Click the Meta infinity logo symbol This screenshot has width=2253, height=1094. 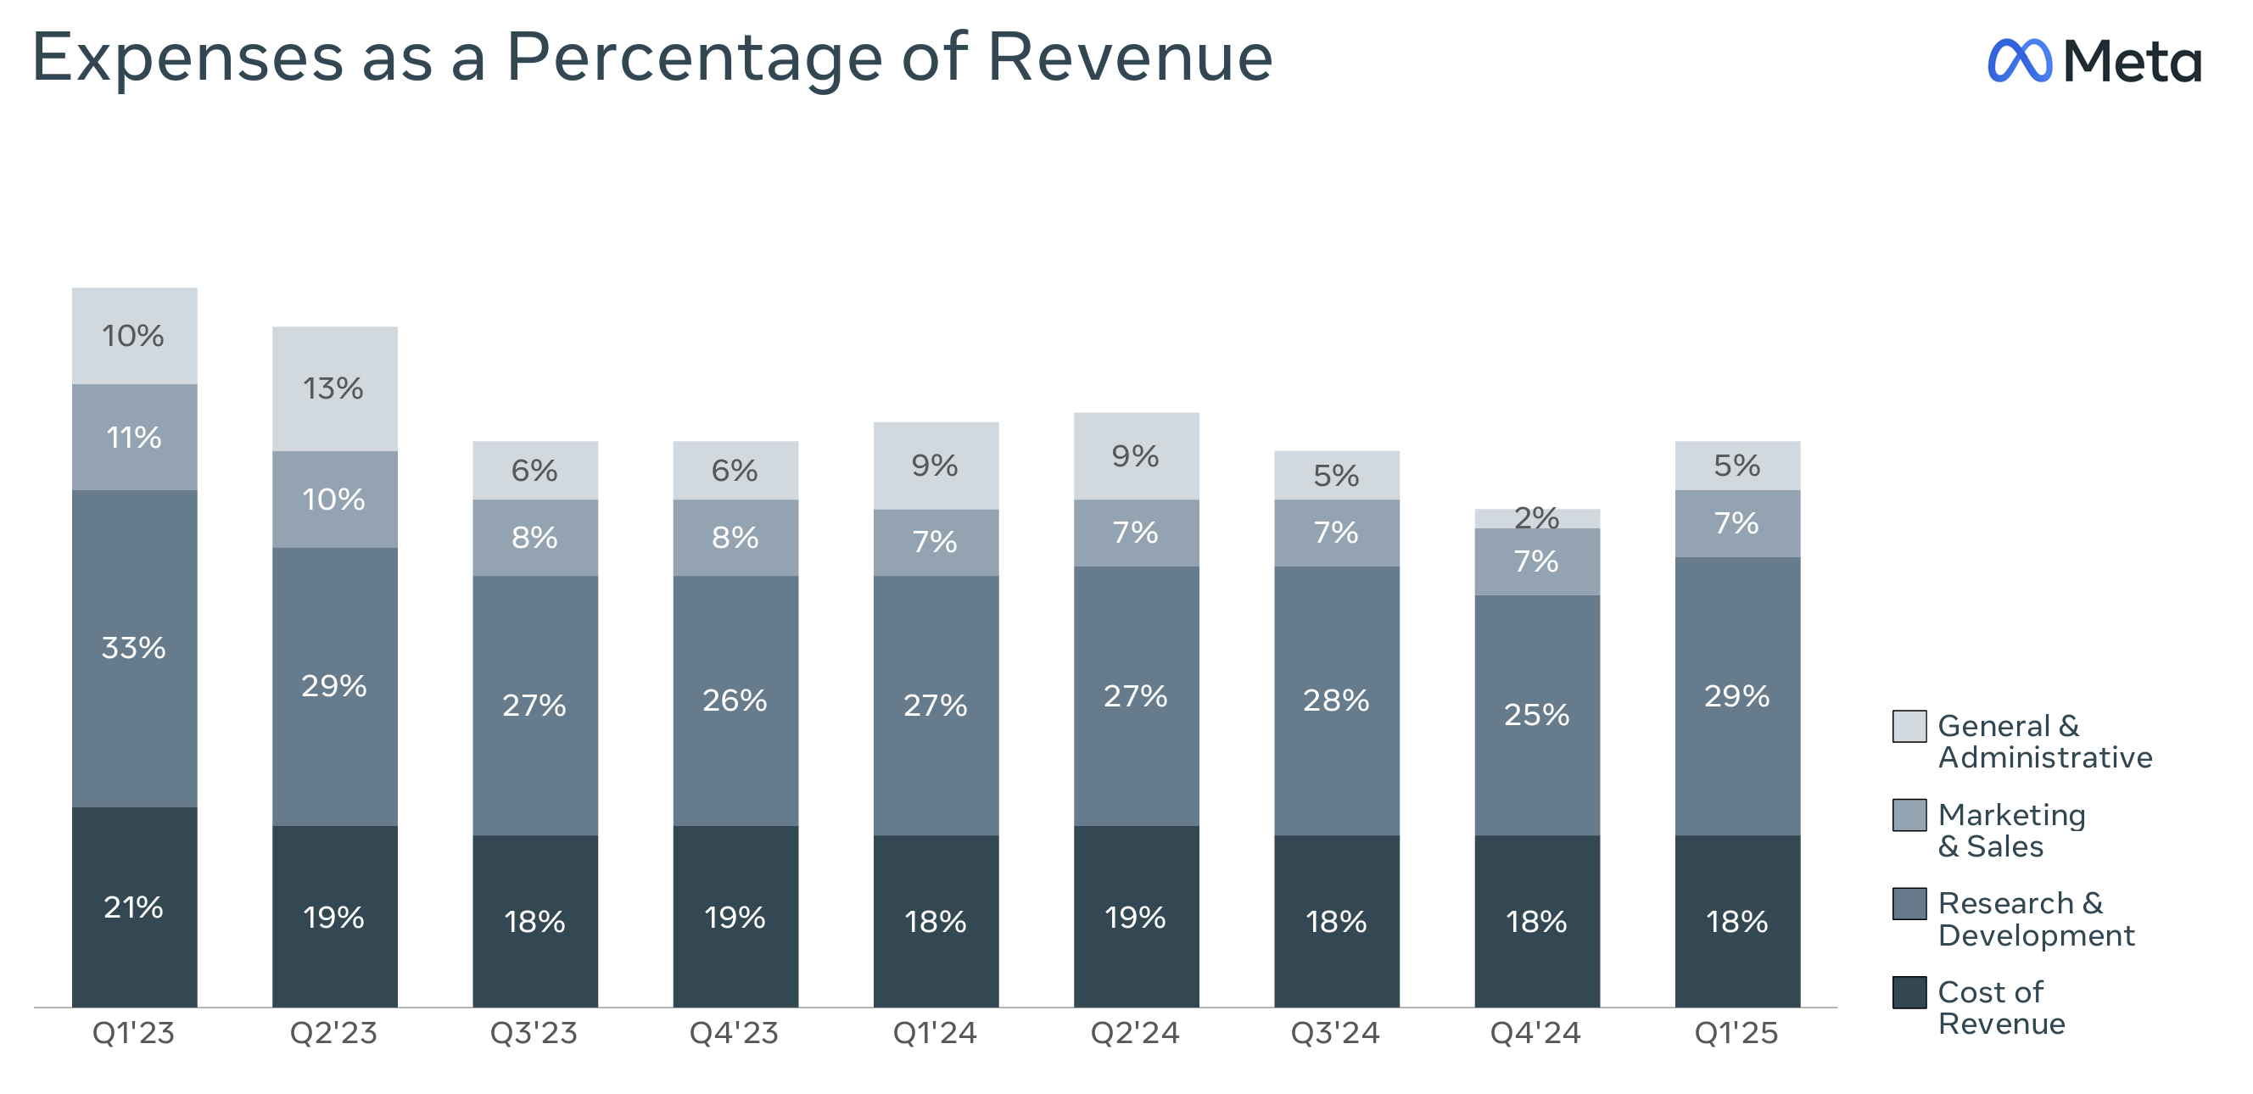(2020, 61)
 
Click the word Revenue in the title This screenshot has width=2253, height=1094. (1129, 58)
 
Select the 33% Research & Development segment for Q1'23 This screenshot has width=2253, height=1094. (134, 648)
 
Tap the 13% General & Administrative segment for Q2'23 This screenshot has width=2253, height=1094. (334, 388)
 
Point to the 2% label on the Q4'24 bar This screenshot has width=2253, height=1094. (1537, 517)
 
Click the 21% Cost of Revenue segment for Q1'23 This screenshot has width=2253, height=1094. (134, 907)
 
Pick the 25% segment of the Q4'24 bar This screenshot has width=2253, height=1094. (1537, 714)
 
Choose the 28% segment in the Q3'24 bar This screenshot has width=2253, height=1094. (1335, 700)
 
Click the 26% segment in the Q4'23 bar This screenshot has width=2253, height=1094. (735, 700)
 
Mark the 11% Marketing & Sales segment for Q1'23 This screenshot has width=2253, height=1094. (134, 438)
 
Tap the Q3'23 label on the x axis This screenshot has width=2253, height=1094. (534, 1034)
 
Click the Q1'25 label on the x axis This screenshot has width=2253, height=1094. (1736, 1034)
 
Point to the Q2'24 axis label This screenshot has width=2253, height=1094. (1134, 1034)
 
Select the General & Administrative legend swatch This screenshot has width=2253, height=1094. (1909, 726)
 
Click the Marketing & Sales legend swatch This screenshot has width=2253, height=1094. (1909, 815)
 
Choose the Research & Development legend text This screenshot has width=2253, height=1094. (2035, 919)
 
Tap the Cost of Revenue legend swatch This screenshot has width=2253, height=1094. (1909, 992)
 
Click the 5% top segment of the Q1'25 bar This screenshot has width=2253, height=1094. (1737, 466)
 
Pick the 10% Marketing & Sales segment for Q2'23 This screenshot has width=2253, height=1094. (334, 500)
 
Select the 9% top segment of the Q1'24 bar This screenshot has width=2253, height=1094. (935, 466)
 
